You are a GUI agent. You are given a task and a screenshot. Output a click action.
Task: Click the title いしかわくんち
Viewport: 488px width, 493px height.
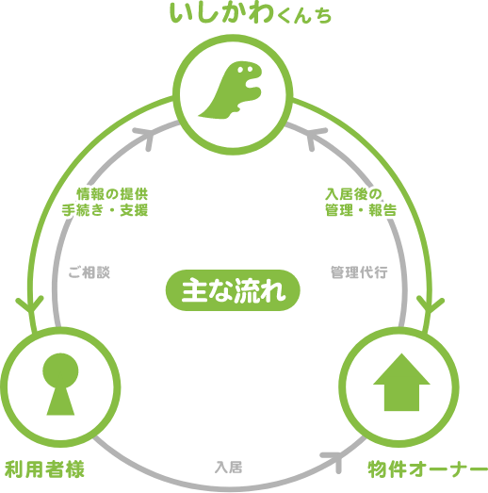[251, 13]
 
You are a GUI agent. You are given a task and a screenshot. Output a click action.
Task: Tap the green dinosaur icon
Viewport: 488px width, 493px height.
[231, 90]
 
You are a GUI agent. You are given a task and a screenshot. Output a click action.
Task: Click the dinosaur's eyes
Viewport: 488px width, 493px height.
[245, 69]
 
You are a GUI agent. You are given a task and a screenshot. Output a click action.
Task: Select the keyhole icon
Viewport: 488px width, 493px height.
[60, 384]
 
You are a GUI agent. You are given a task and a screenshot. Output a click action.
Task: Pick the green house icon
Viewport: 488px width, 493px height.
[401, 382]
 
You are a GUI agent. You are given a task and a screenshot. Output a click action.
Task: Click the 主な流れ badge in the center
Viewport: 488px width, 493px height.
[233, 290]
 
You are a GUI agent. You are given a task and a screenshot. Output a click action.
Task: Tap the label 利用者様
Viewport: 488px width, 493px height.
[44, 469]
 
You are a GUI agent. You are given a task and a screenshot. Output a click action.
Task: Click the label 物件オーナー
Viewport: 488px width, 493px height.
[428, 469]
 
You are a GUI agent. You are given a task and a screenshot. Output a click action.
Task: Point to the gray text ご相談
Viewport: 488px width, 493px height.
[89, 272]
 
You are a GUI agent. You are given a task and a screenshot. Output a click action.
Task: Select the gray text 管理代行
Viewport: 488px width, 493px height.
[359, 272]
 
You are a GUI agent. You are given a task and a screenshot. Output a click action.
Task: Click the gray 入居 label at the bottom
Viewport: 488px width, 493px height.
[228, 468]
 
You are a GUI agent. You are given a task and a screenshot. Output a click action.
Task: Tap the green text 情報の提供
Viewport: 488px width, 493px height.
[112, 194]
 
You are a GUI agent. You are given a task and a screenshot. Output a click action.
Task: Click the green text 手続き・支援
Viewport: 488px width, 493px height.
[105, 210]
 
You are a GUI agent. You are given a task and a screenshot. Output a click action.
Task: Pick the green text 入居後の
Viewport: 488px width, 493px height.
[353, 194]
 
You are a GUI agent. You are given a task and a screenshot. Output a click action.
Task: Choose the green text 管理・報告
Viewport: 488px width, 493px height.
[361, 210]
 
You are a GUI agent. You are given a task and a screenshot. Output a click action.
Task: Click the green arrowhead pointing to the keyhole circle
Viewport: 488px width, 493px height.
[30, 305]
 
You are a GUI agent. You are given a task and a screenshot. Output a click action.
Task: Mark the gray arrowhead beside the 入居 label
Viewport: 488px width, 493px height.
[334, 460]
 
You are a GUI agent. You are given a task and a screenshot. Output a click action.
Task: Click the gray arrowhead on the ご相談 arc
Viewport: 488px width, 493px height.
[145, 137]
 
